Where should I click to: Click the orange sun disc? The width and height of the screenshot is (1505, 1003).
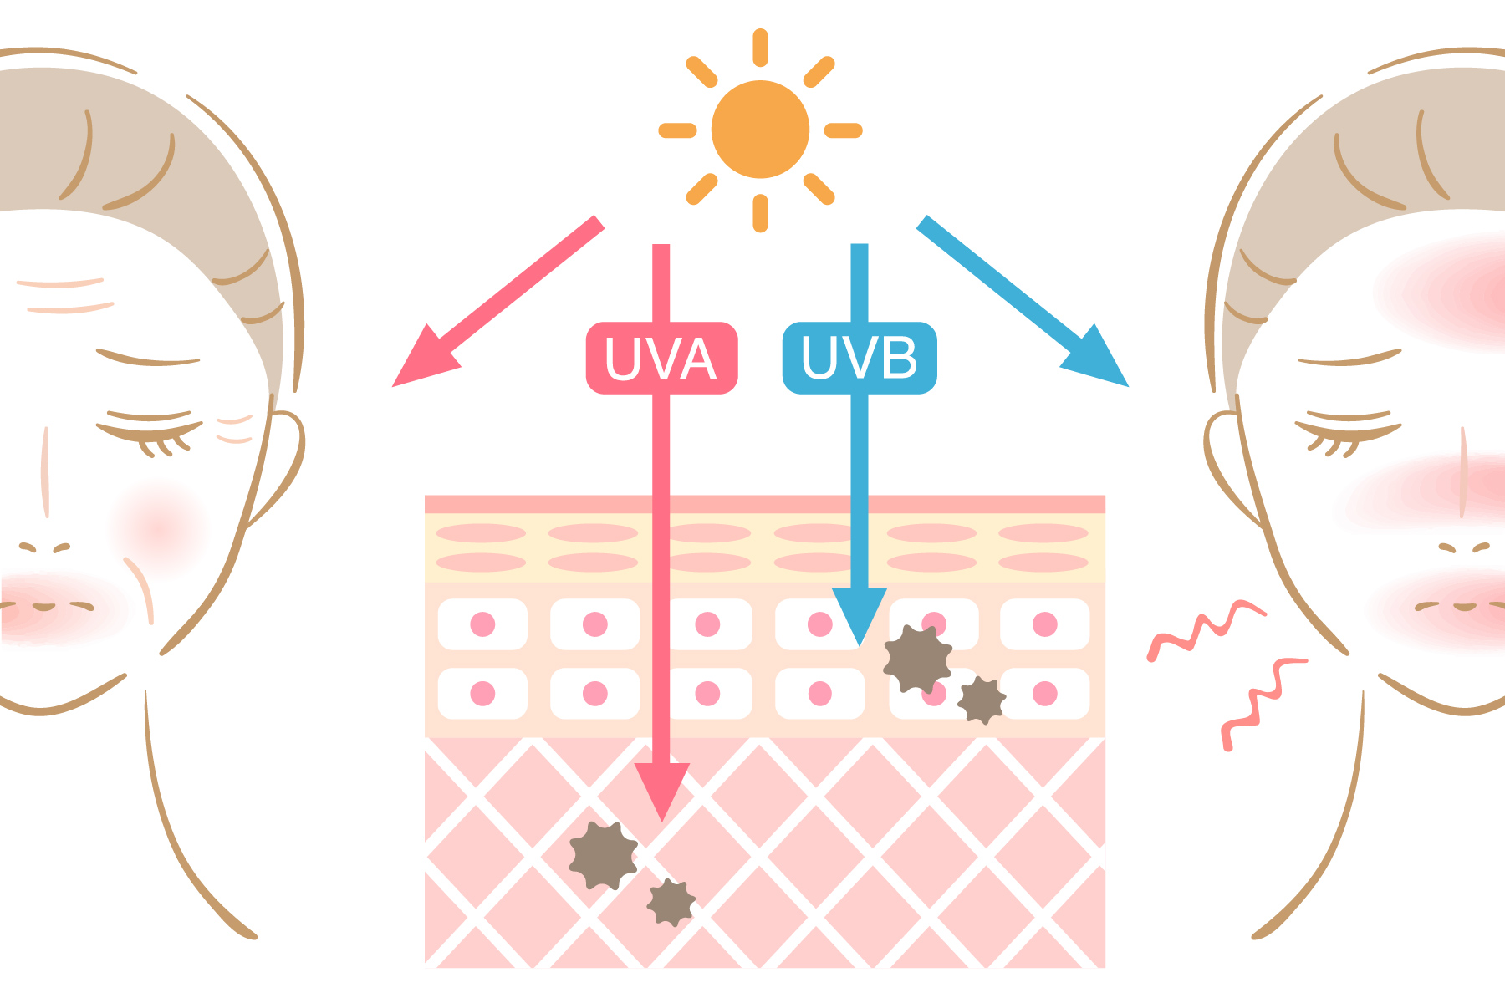click(760, 130)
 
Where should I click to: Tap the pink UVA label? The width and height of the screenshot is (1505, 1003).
click(661, 358)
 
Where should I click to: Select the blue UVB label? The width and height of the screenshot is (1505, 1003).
click(860, 358)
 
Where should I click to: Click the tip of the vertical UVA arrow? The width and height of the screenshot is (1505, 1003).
click(661, 811)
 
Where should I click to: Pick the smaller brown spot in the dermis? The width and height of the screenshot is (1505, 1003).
click(671, 903)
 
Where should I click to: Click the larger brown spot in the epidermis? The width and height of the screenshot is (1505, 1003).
click(917, 659)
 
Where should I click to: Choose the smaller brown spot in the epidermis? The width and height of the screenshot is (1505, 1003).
click(981, 700)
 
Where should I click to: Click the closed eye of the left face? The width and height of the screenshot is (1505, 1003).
click(150, 430)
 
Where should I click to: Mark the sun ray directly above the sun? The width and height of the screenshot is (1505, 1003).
click(760, 48)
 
